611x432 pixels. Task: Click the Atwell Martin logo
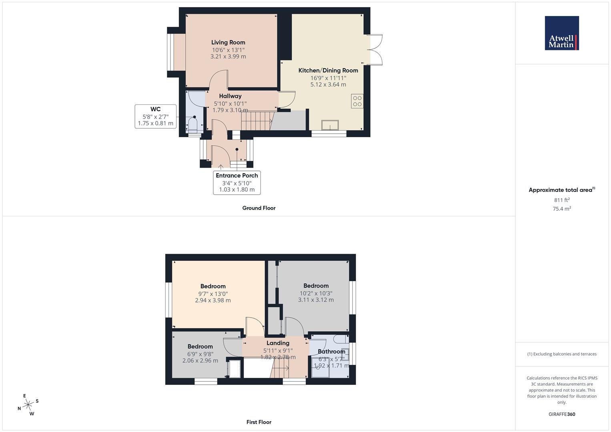pos(561,33)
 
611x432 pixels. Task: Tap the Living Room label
pos(228,42)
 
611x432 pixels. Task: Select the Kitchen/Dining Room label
pos(328,70)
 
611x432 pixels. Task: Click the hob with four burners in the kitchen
pos(357,101)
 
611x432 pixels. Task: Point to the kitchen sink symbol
pos(330,125)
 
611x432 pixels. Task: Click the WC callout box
pos(156,116)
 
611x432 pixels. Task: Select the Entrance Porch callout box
pos(237,182)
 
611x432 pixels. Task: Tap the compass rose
pos(28,405)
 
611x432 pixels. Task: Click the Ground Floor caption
pos(259,208)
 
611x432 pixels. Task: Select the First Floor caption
pos(259,422)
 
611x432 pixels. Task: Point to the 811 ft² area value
pos(562,200)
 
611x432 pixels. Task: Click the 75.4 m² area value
pos(562,208)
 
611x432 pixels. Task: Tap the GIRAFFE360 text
pos(562,414)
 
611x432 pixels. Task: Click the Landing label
pos(278,343)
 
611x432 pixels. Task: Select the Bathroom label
pos(331,352)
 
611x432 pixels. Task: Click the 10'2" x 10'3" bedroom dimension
pos(316,293)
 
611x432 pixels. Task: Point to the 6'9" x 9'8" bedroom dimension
pos(200,354)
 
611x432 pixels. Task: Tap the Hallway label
pos(230,96)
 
